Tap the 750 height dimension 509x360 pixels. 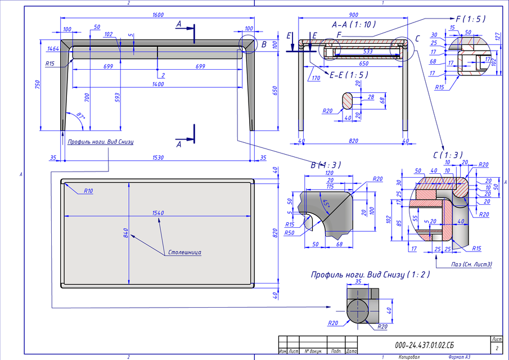(38, 84)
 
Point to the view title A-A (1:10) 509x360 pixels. (354, 25)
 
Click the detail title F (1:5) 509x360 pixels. (470, 19)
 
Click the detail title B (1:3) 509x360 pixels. (325, 165)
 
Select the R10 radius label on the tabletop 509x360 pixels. (88, 191)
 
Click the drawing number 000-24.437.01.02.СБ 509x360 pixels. (424, 344)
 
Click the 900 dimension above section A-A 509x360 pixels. (354, 15)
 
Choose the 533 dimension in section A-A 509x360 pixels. (368, 51)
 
